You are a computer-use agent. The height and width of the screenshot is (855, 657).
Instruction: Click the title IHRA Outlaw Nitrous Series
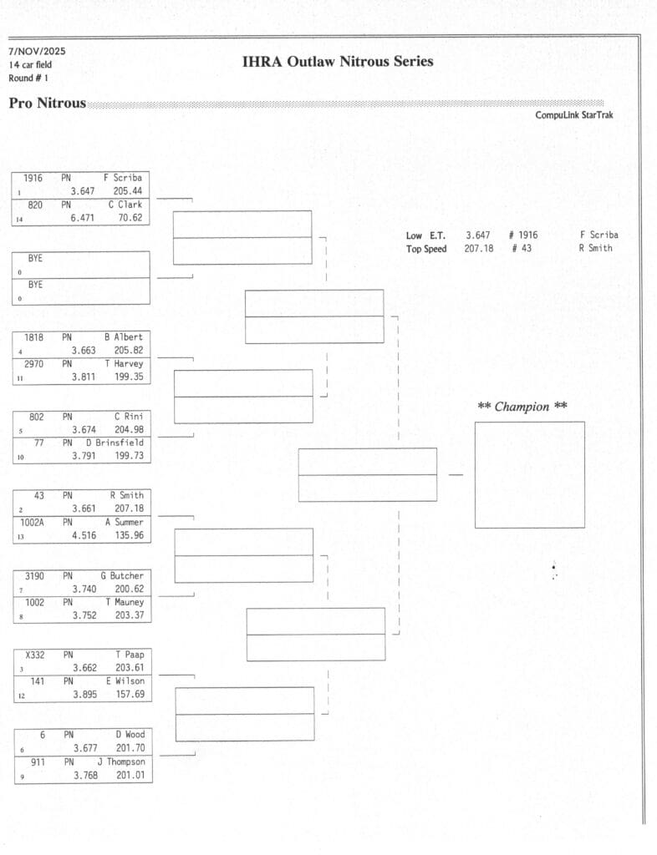pos(338,62)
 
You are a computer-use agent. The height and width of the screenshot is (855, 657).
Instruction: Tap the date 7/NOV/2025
pos(37,52)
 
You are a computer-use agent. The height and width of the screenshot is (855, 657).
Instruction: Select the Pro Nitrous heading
pos(47,104)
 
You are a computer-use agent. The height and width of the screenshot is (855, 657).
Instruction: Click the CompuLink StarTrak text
pos(573,115)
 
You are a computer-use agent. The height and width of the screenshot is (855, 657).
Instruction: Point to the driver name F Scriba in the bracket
pos(123,178)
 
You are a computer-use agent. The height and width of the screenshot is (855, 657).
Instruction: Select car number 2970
pos(34,364)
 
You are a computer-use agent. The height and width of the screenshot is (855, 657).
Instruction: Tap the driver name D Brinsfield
pos(115,443)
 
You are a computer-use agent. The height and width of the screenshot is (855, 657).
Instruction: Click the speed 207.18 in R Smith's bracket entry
pos(129,508)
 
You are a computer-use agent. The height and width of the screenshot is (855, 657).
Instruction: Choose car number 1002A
pos(34,522)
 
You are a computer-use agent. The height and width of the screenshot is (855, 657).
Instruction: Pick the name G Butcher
pos(122,576)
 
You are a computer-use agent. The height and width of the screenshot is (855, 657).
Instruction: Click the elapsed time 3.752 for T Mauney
pos(84,615)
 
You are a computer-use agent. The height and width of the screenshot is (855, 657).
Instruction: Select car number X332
pos(34,655)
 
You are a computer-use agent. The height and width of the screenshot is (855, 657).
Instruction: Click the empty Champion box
pos(529,474)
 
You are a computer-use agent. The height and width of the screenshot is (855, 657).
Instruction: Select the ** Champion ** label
pos(522,407)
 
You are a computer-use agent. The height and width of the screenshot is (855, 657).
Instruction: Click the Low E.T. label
pos(425,235)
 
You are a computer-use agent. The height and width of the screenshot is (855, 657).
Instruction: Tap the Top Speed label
pos(426,249)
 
